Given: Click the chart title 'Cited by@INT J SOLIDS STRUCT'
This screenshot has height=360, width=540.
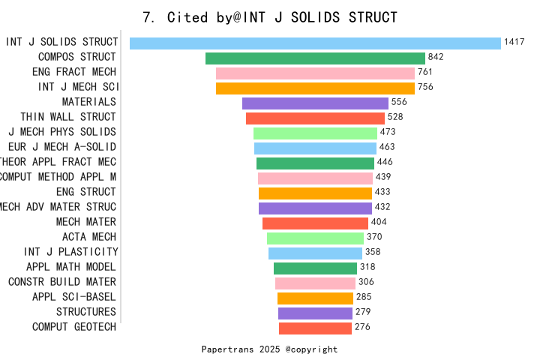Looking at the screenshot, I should tap(270, 17).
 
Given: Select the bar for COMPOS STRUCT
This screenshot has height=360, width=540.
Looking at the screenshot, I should tap(315, 58).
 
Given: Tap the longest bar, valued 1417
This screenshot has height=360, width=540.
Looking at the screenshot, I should tap(315, 43).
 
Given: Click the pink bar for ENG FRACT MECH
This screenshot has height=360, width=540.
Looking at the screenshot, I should tap(315, 73).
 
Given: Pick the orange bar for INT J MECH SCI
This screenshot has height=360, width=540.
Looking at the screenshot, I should tap(315, 88).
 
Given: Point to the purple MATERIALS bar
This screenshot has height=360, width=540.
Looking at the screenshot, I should tap(315, 103).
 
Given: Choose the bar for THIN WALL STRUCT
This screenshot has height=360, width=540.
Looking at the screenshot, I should tap(315, 118).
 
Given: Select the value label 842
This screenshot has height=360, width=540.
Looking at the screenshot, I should tap(436, 57).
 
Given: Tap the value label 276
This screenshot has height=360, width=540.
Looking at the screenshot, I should tap(362, 327).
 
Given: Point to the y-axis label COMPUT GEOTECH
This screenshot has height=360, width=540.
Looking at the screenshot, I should tap(74, 327).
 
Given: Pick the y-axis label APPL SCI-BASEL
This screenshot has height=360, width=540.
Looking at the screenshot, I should tap(74, 297).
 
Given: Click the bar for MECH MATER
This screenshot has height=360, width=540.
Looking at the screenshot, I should tap(315, 223).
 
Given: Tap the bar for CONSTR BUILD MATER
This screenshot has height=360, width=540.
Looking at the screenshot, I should tap(315, 283).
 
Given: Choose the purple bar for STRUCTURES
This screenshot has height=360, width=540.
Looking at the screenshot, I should tap(315, 313).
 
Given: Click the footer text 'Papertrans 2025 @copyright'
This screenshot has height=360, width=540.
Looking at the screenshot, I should tap(269, 349).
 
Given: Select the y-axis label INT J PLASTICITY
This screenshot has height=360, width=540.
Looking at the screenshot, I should tap(71, 252).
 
